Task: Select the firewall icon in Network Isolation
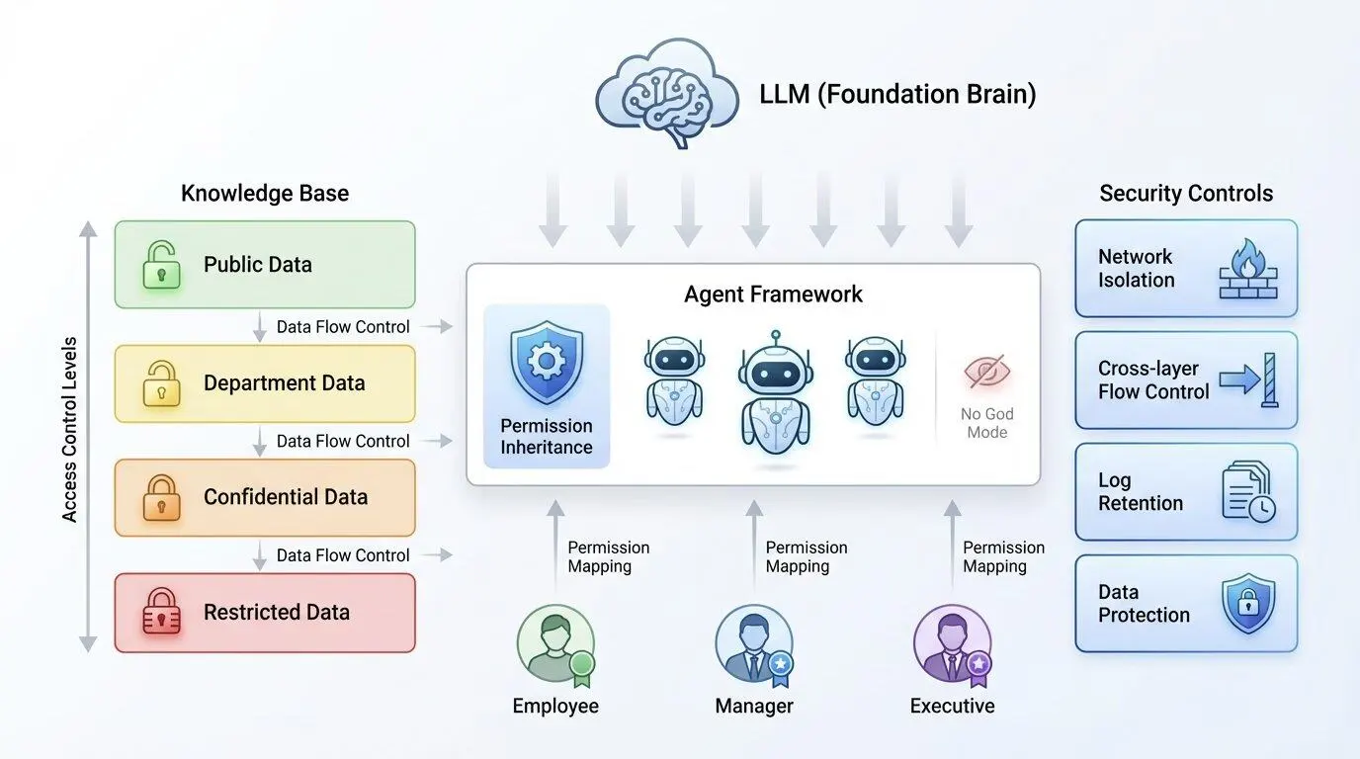[1248, 268]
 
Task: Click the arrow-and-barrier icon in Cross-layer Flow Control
[1248, 379]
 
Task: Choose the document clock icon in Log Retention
[1248, 492]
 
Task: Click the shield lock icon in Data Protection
[1248, 604]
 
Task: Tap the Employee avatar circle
[555, 644]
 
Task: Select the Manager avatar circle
[753, 644]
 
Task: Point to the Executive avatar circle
[952, 644]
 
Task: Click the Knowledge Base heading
[265, 193]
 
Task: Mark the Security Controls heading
[1186, 193]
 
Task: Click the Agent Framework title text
[773, 294]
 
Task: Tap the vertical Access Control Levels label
[70, 430]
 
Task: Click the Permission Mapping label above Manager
[807, 556]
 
